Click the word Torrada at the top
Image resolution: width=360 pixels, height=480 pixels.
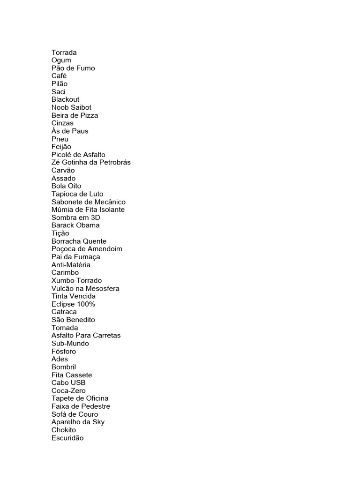64,52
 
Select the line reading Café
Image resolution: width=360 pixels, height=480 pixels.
59,76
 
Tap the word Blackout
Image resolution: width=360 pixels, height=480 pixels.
65,99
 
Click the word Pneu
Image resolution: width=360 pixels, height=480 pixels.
60,139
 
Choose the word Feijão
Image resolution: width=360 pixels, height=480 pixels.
61,147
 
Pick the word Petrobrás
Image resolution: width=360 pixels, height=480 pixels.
114,163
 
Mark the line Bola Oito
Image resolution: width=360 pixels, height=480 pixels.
66,186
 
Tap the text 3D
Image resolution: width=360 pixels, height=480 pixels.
95,217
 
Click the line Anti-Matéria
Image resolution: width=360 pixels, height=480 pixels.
71,265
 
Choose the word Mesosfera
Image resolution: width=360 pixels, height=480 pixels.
101,288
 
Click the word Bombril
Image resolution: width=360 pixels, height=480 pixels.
64,367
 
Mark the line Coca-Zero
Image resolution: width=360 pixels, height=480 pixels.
68,390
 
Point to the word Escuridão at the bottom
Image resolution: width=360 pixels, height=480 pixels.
67,438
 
